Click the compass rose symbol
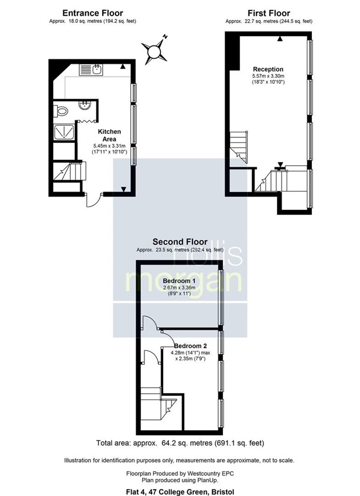pos(154,51)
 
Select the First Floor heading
pos(269,13)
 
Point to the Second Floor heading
pos(180,241)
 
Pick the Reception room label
pos(268,69)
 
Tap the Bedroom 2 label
pos(190,346)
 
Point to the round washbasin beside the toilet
pos(84,105)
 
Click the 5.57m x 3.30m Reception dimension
pos(268,76)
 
